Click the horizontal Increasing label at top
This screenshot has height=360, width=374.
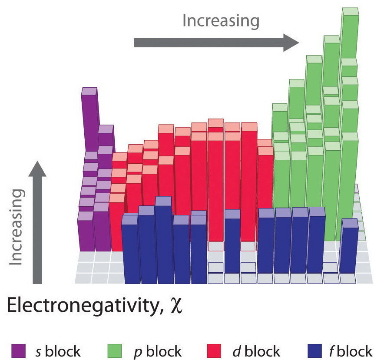pyautogui.click(x=221, y=20)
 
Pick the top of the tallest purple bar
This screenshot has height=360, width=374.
pyautogui.click(x=89, y=91)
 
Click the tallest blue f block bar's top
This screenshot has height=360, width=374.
pyautogui.click(x=163, y=201)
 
